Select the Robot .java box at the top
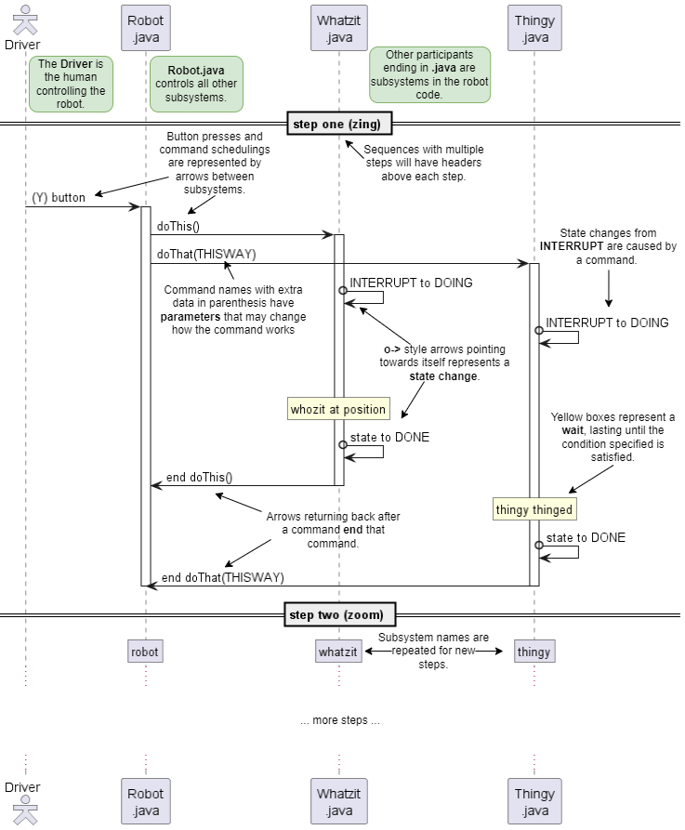[146, 28]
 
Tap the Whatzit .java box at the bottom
[338, 802]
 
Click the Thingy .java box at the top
[534, 28]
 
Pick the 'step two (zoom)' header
[336, 614]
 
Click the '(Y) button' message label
[59, 197]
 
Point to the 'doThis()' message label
[178, 226]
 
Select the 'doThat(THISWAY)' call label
[205, 254]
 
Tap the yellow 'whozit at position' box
[338, 409]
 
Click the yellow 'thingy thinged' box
[534, 509]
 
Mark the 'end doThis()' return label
[199, 477]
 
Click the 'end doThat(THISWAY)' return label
[222, 577]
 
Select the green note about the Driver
[71, 84]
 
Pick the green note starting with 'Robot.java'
[196, 84]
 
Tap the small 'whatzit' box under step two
[338, 652]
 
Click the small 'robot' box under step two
[145, 652]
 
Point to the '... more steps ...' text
[340, 720]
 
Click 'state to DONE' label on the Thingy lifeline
[586, 537]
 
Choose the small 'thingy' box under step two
[534, 652]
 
